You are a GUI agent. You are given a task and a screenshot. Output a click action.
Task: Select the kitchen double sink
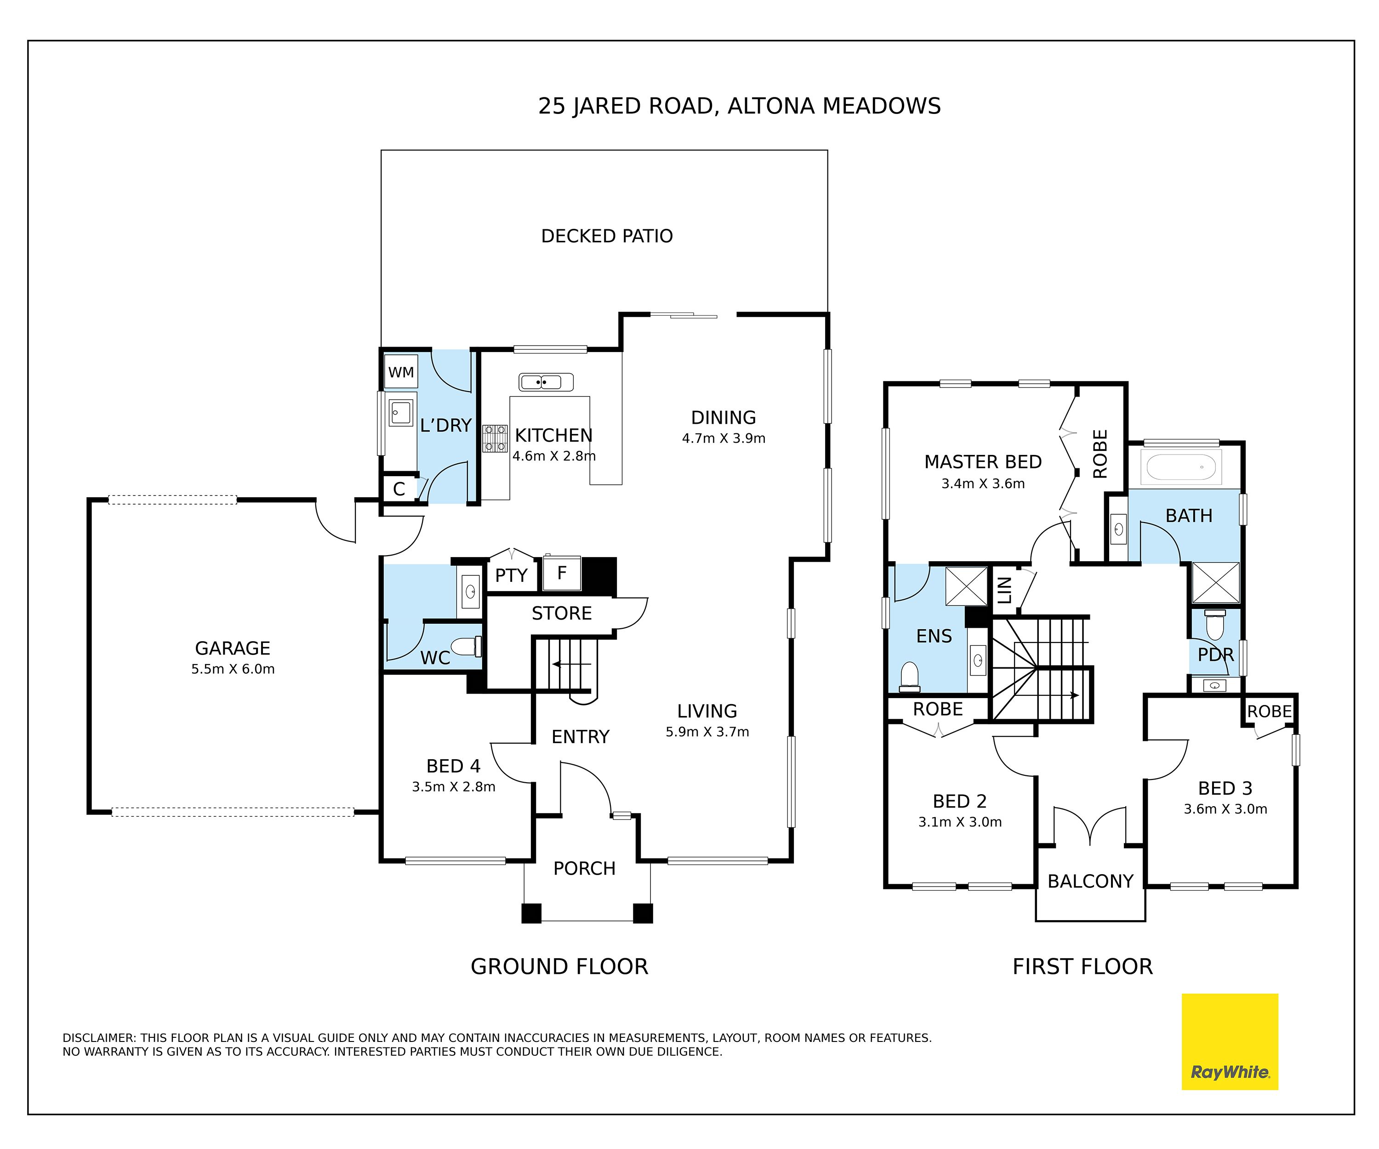(x=546, y=382)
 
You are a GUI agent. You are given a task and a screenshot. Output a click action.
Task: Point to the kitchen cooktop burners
(x=495, y=438)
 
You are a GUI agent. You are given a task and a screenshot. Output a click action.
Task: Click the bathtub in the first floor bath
(x=1181, y=467)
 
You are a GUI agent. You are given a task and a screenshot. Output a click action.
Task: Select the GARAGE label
(x=233, y=648)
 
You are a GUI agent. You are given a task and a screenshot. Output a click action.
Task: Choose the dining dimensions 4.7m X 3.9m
(x=724, y=438)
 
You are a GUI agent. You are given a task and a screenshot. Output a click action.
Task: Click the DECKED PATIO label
(x=607, y=236)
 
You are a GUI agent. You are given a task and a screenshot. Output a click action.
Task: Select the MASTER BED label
(x=983, y=462)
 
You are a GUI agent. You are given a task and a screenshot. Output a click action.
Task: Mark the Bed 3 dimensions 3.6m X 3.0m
(x=1225, y=809)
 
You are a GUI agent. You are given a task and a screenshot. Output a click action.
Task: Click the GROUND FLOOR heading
(x=559, y=967)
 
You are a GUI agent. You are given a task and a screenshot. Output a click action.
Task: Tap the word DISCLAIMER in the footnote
(x=98, y=1038)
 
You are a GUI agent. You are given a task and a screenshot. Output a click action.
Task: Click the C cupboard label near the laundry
(x=399, y=489)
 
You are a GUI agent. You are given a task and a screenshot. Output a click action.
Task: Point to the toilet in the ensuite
(x=910, y=677)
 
